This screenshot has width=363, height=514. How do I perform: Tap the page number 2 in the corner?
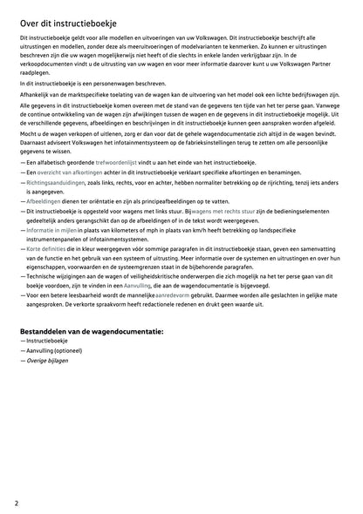pos(17,503)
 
